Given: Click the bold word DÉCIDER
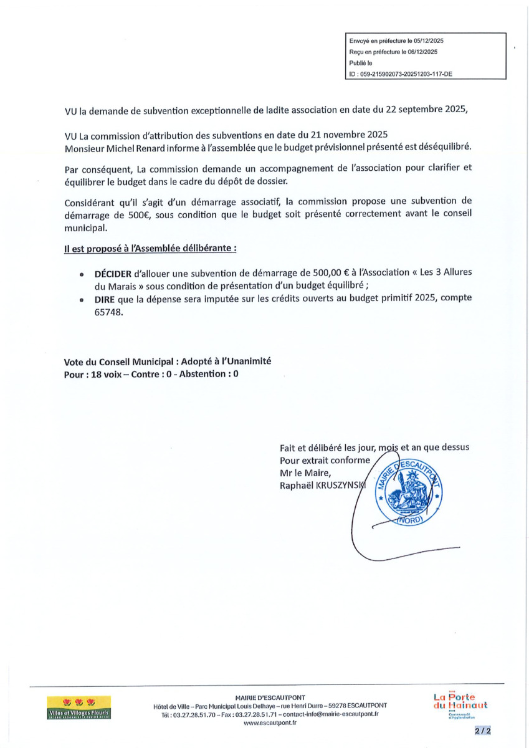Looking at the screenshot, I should (113, 274).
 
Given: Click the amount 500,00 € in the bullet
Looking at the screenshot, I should (309, 274).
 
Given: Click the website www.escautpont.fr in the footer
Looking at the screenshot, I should (270, 723).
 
